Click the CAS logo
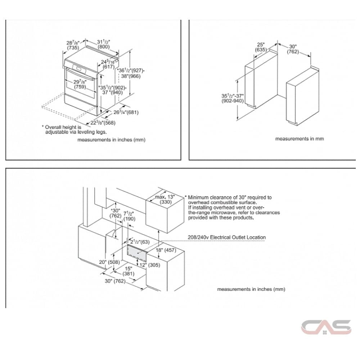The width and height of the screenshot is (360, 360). (x=326, y=327)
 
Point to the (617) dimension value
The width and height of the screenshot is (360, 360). (x=108, y=67)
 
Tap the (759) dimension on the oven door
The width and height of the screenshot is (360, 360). (x=80, y=87)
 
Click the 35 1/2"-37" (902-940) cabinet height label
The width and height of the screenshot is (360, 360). (x=233, y=99)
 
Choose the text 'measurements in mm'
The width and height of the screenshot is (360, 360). (x=300, y=139)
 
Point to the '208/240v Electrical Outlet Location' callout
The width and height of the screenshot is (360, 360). (x=226, y=237)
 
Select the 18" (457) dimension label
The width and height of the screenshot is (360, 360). (x=166, y=251)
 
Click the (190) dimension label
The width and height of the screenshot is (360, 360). (x=129, y=219)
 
